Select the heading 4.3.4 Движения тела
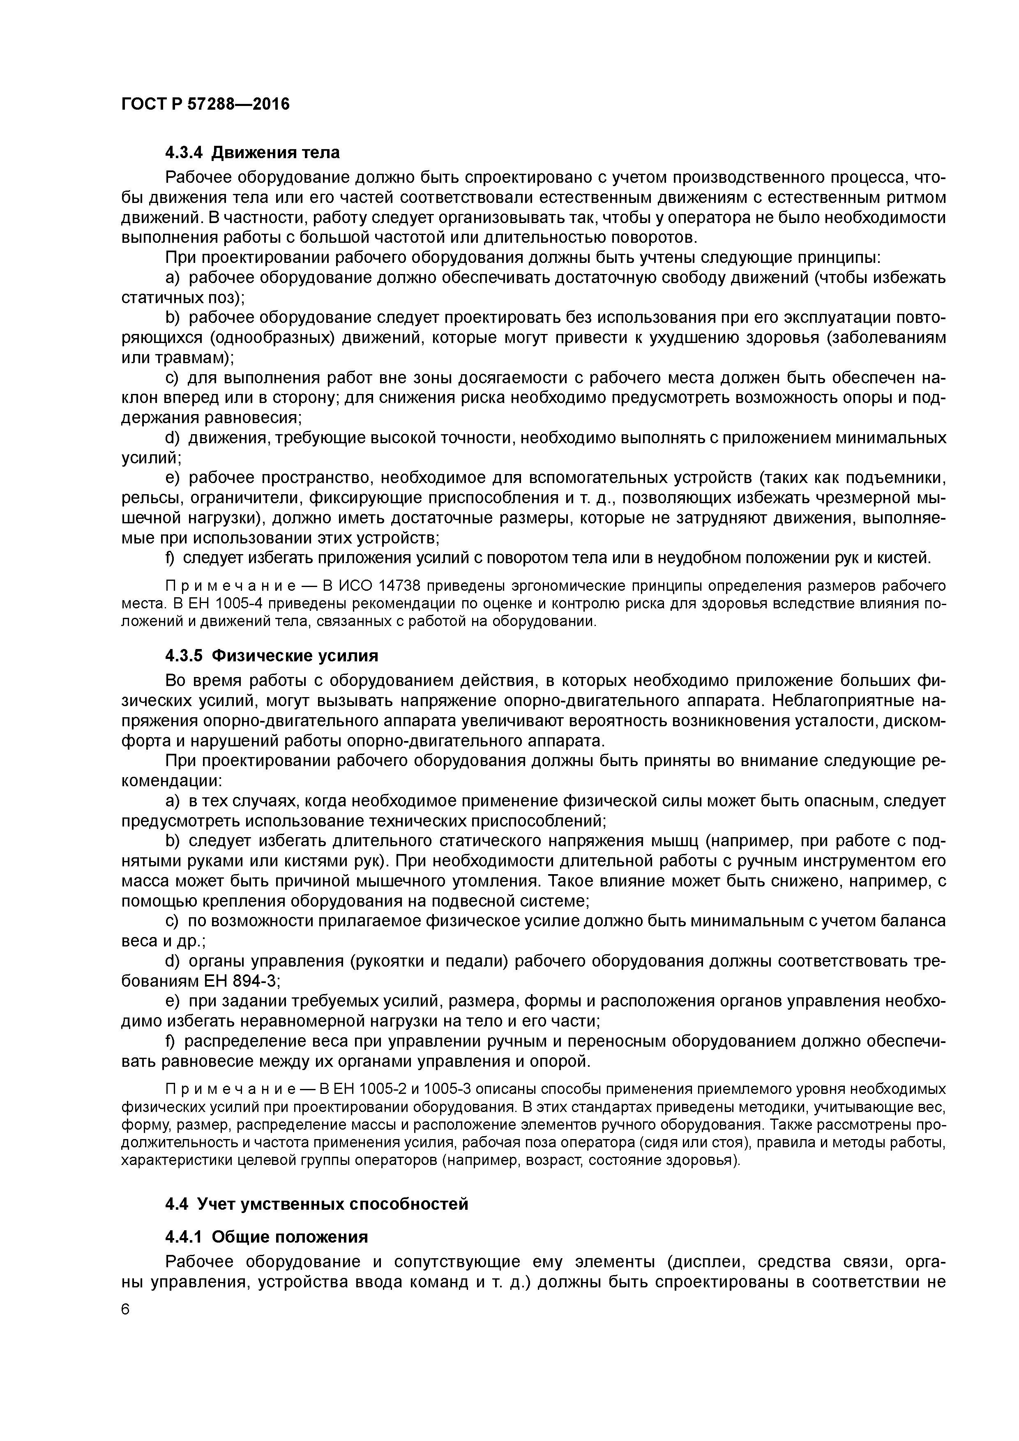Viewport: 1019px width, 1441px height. [252, 152]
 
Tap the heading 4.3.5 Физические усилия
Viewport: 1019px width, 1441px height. [272, 656]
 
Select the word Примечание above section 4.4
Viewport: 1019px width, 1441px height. [217, 1089]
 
